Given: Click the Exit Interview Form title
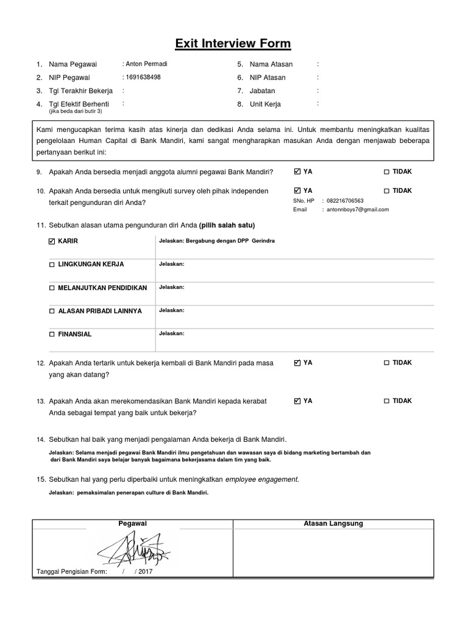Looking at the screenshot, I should [x=233, y=43].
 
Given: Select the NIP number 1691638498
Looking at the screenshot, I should [x=143, y=77].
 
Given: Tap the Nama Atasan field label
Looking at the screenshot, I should [x=271, y=64].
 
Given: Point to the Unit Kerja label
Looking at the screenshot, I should [x=265, y=104].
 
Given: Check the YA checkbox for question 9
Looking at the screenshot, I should [x=297, y=172].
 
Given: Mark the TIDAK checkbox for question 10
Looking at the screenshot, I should [x=386, y=191].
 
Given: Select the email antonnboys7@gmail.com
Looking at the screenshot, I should [x=358, y=209].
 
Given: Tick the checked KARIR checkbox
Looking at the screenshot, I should [x=52, y=241].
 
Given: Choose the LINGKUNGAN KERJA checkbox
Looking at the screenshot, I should [x=52, y=265].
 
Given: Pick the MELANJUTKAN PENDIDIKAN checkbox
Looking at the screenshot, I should [x=52, y=288].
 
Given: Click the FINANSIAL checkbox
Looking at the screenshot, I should [x=52, y=335].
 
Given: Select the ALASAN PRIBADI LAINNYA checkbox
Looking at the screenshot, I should [x=52, y=311].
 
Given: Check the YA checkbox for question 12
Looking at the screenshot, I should [x=297, y=363].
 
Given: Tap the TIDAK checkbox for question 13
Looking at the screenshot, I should [x=386, y=401].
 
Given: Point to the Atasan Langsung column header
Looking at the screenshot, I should [x=333, y=524].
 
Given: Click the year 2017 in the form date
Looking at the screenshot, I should [x=146, y=572].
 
